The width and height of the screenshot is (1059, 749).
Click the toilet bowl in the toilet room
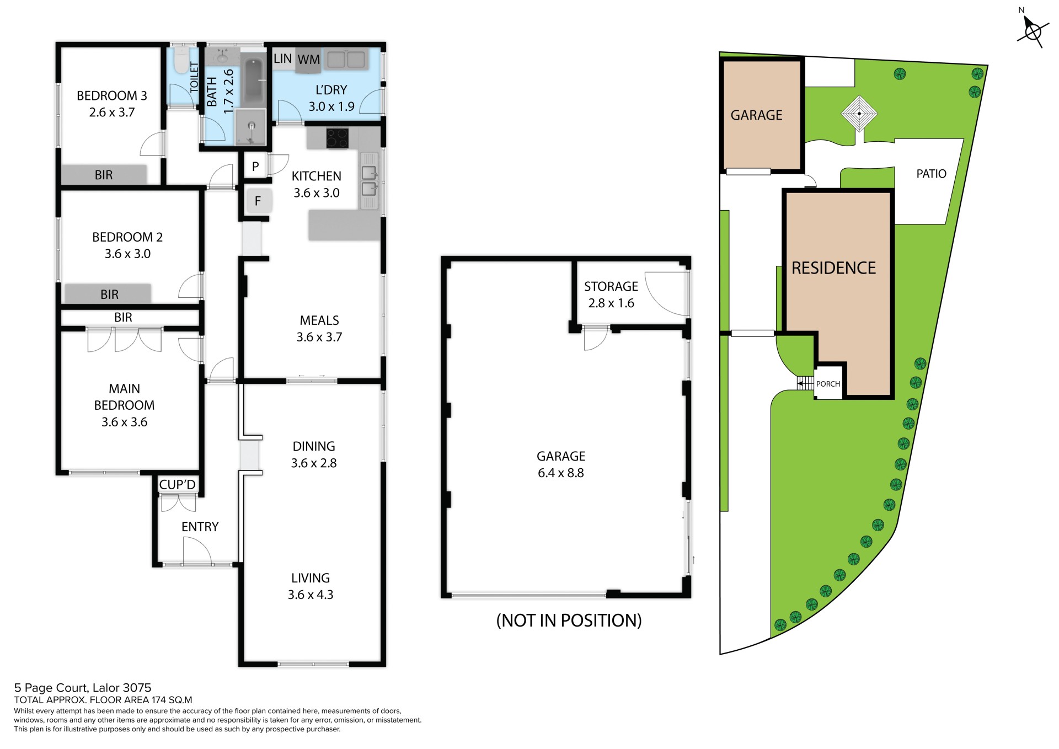pos(180,61)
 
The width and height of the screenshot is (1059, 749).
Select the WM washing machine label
pos(308,60)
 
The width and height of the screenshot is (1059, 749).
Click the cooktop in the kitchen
pos(337,138)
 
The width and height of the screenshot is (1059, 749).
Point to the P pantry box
pos(255,167)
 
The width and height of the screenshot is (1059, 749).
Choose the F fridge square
pos(258,201)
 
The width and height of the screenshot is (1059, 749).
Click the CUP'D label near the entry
pos(177,485)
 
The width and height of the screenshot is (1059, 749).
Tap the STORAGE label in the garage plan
pos(611,287)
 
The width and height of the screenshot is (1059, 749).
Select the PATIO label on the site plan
pos(931,174)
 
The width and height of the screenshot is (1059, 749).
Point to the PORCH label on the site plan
pos(828,384)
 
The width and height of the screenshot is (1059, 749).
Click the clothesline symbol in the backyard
pos(859,114)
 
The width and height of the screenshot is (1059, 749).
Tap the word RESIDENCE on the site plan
pos(833,268)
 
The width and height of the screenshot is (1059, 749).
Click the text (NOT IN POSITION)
pos(569,620)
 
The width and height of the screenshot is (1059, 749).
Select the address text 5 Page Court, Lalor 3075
pos(83,688)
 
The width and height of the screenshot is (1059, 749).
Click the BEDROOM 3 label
pos(112,96)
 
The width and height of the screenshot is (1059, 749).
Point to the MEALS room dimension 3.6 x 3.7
pos(319,337)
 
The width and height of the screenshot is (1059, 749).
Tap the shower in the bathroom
pos(251,127)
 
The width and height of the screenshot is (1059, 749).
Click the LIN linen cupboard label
pos(282,58)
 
